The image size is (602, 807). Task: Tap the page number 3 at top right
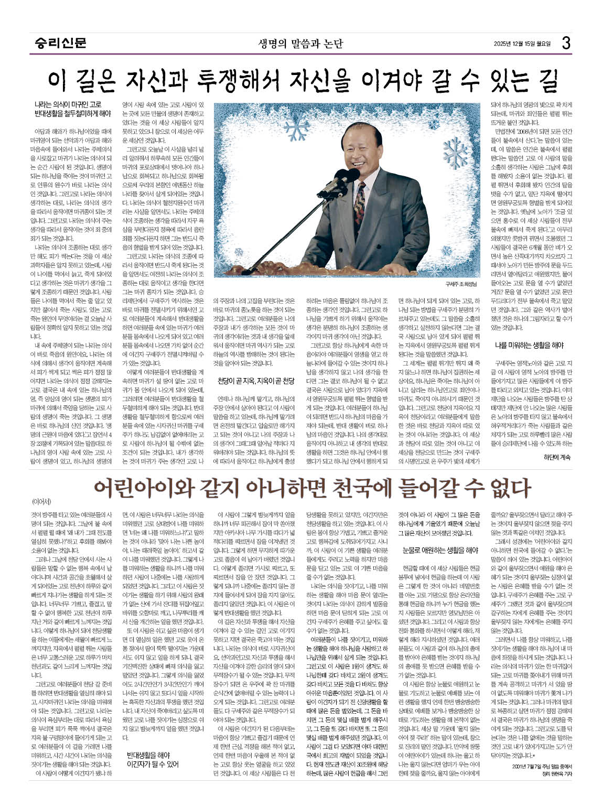566,42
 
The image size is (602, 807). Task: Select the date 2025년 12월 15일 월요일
522,43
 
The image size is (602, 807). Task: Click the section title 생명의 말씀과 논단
300,43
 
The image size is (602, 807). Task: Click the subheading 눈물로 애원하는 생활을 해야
440,550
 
